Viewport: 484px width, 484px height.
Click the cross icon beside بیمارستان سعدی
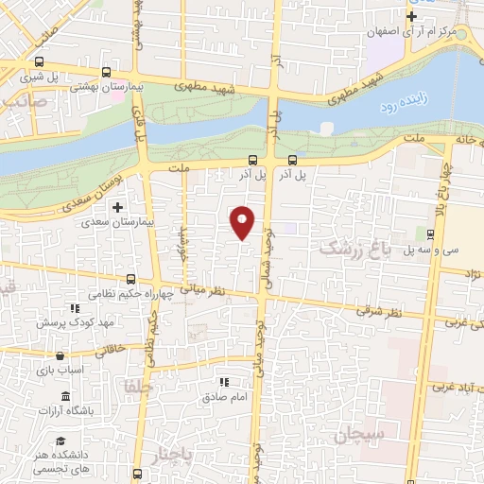118,207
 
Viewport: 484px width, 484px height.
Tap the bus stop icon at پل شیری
37,62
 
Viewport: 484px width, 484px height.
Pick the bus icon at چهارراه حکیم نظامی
131,280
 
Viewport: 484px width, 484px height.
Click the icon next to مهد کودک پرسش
73,309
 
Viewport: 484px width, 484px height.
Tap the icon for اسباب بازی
60,357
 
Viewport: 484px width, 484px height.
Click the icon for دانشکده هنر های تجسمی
60,441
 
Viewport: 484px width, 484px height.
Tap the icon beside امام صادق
224,383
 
